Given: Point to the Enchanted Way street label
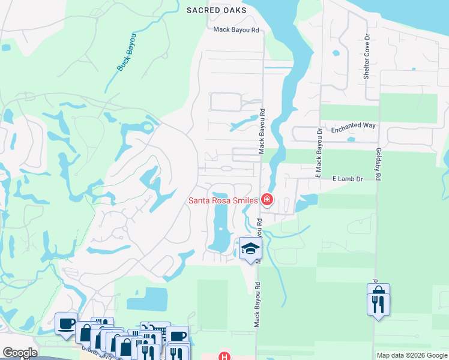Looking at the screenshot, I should pyautogui.click(x=354, y=125).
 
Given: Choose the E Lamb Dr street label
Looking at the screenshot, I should pyautogui.click(x=348, y=179).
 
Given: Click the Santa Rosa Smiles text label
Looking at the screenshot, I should pyautogui.click(x=223, y=200).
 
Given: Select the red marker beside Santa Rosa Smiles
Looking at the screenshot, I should pyautogui.click(x=267, y=200).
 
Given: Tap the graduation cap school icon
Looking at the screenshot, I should pyautogui.click(x=250, y=248).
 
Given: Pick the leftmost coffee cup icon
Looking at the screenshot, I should pyautogui.click(x=66, y=323).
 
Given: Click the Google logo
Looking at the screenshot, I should pyautogui.click(x=19, y=353).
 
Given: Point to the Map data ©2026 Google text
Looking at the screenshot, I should pyautogui.click(x=412, y=355).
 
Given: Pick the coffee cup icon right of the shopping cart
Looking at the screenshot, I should pyautogui.click(x=178, y=336).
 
